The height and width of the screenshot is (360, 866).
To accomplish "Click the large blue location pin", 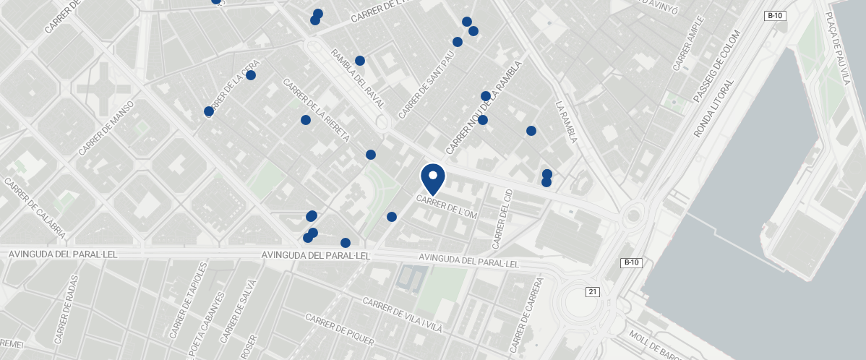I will pyautogui.click(x=433, y=178).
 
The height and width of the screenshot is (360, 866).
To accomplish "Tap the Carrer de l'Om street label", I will pyautogui.click(x=447, y=205).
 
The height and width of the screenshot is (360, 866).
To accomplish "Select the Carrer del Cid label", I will pyautogui.click(x=502, y=216).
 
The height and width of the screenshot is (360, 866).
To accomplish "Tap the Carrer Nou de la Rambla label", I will pyautogui.click(x=484, y=107).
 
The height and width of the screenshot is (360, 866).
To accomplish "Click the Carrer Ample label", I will pyautogui.click(x=688, y=43).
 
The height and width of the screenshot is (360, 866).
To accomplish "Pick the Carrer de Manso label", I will pyautogui.click(x=106, y=129).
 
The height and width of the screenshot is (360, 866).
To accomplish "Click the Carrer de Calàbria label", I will pyautogui.click(x=35, y=209).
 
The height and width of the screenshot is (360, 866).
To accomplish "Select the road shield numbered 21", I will pyautogui.click(x=593, y=291).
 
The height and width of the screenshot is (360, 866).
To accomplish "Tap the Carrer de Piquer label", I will pyautogui.click(x=340, y=330).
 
